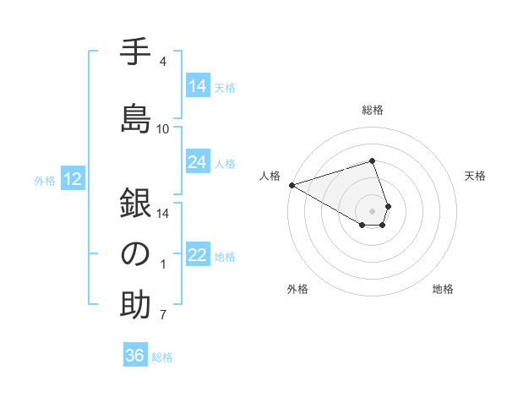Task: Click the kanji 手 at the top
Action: (x=135, y=52)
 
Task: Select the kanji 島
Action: (x=135, y=117)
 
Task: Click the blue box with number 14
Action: (x=198, y=86)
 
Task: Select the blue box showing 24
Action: (x=198, y=162)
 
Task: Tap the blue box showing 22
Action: (x=198, y=255)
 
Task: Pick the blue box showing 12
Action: (x=73, y=179)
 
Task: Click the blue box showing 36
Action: (x=135, y=356)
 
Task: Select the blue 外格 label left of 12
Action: (x=45, y=180)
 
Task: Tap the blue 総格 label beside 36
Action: (x=162, y=357)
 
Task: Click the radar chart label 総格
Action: (x=372, y=110)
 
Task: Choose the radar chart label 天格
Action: (x=475, y=176)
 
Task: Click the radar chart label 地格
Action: (x=443, y=289)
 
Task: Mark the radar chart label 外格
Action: (x=297, y=289)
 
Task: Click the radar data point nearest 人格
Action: (x=292, y=185)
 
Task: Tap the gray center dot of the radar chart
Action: (x=372, y=209)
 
